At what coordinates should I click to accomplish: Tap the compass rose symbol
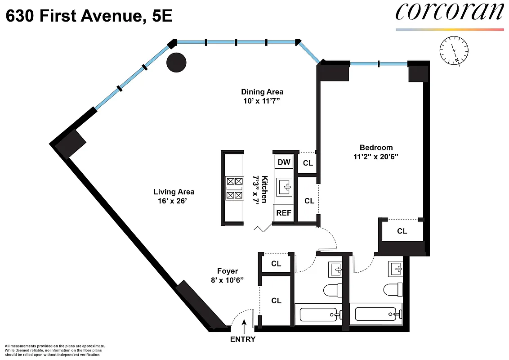point(454,50)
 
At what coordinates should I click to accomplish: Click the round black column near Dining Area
point(176,62)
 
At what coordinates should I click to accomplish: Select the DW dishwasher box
point(284,162)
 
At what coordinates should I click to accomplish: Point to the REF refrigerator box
point(284,213)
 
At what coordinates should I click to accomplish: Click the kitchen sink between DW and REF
point(284,187)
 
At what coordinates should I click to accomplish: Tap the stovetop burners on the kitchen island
point(234,188)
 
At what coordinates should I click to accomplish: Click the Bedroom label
point(376,148)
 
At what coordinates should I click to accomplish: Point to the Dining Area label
point(262,92)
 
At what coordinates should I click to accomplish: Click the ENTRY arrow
point(244,325)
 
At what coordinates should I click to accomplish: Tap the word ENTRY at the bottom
point(243,339)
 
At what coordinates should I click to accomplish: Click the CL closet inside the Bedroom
point(402,231)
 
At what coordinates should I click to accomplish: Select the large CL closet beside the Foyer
point(276,300)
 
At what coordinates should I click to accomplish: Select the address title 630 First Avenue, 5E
point(89,17)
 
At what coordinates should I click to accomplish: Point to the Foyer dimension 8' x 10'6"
point(228,280)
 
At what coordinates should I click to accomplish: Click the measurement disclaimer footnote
point(54,350)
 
